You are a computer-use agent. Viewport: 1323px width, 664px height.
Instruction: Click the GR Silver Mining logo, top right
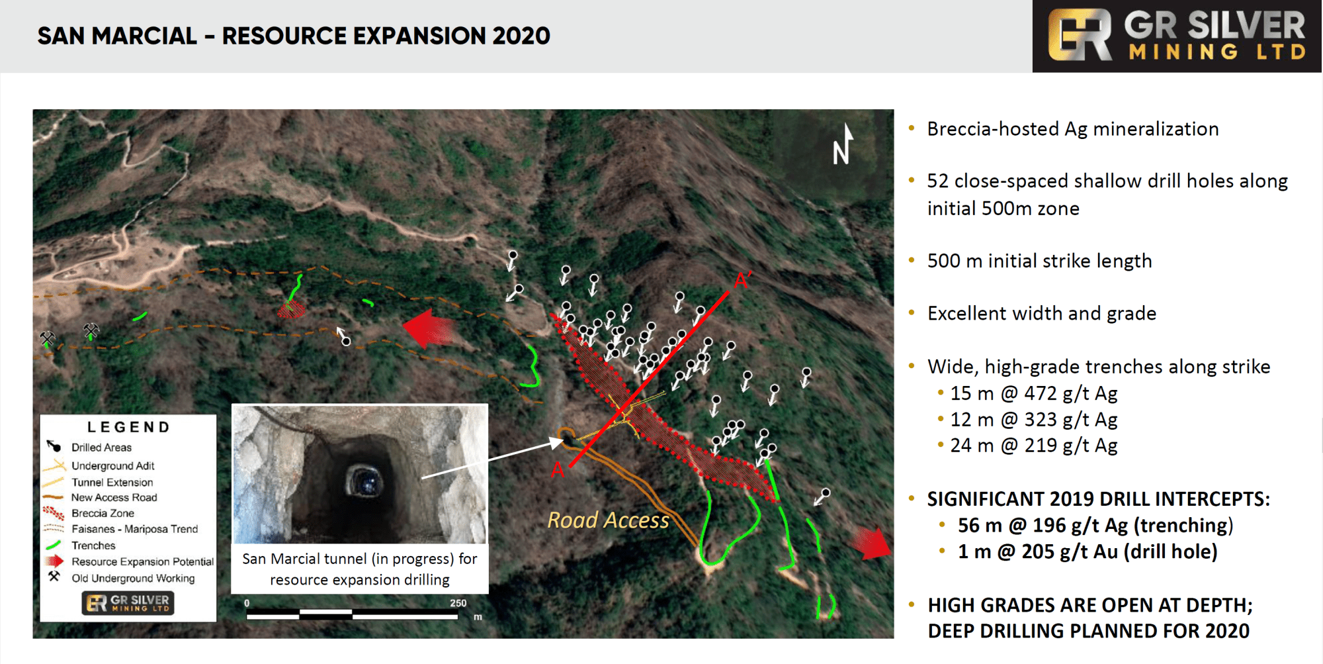(1177, 36)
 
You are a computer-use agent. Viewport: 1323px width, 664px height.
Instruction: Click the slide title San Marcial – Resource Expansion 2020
(294, 36)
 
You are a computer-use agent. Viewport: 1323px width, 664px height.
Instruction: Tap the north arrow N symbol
(843, 144)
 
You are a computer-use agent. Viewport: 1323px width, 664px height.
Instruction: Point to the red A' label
(742, 281)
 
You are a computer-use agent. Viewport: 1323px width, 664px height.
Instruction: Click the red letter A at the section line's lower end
(558, 470)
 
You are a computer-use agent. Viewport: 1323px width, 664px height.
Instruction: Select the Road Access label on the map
(608, 520)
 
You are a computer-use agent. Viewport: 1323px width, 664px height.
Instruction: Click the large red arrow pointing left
(429, 328)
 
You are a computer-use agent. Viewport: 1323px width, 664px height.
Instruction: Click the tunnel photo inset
(360, 474)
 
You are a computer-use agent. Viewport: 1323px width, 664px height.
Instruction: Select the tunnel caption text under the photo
(360, 569)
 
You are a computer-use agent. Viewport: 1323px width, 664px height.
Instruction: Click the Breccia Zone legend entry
(103, 513)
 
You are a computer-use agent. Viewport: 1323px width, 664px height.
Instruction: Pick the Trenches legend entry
(93, 545)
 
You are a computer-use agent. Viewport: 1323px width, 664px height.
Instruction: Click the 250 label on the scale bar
(458, 603)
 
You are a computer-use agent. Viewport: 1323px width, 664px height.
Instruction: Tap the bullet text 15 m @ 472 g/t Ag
(1034, 393)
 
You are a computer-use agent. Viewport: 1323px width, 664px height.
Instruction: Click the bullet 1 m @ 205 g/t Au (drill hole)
(1088, 551)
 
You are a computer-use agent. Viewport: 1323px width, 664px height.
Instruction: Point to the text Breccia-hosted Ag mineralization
(1073, 129)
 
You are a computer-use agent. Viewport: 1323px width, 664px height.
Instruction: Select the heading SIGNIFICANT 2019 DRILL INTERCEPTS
(1099, 499)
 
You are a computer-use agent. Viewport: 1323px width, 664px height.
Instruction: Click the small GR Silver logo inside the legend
(128, 603)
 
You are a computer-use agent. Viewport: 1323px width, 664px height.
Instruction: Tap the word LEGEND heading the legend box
(129, 427)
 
